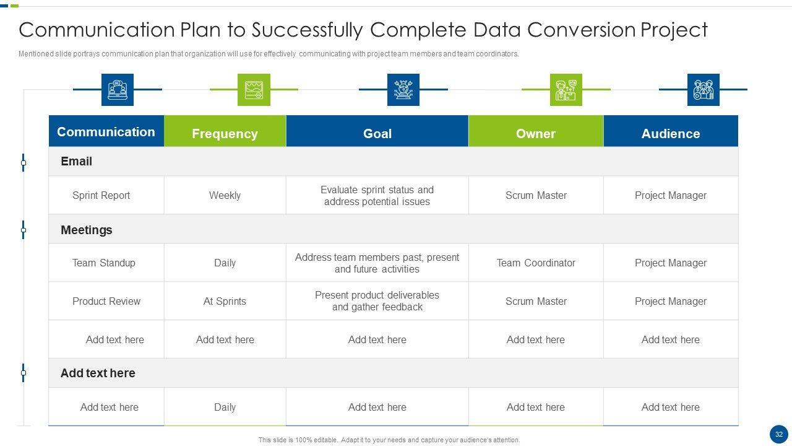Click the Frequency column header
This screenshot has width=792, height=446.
tap(225, 131)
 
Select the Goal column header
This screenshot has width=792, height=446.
tap(377, 131)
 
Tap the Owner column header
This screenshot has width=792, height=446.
tap(536, 131)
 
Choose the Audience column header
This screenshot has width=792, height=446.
tap(671, 131)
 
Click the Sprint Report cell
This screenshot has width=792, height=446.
tap(101, 195)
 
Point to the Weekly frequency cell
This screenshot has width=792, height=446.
tap(225, 195)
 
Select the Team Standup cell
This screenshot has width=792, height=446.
tap(103, 263)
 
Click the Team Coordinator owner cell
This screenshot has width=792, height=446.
tap(536, 263)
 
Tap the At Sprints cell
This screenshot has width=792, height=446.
tap(225, 301)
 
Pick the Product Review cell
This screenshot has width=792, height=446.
tap(106, 301)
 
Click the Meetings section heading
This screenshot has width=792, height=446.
tap(86, 230)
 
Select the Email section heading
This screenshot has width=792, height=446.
tap(76, 162)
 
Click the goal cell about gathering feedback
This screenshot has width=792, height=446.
tap(377, 301)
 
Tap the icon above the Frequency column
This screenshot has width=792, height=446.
tap(254, 90)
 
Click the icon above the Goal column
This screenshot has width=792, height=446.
tap(403, 90)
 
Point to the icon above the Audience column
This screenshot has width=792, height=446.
tap(704, 90)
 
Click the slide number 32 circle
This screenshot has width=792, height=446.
tap(778, 434)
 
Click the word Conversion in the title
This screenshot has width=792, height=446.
tap(581, 30)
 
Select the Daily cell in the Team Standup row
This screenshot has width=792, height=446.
tap(225, 263)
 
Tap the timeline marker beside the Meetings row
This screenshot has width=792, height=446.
tap(24, 230)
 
